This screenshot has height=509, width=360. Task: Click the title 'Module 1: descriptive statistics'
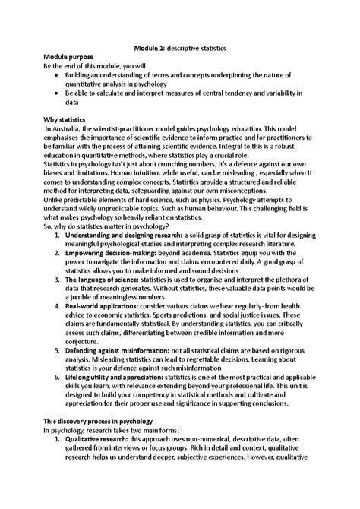click(x=179, y=47)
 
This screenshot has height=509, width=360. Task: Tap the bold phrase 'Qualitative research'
click(x=99, y=441)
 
